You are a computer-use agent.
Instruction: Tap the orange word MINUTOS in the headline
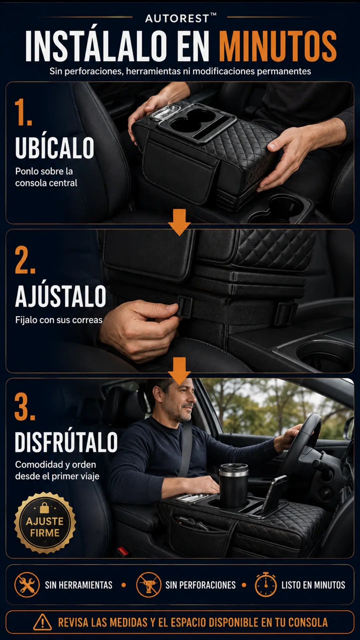(x=278, y=46)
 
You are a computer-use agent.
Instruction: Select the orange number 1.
(x=23, y=112)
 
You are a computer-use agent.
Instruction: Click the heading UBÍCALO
(x=55, y=148)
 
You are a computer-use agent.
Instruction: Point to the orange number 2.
(x=25, y=260)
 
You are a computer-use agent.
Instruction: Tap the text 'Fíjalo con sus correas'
(x=59, y=320)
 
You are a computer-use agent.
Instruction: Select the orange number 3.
(x=25, y=406)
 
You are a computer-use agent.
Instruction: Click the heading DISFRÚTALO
(x=66, y=442)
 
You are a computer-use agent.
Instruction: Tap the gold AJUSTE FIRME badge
(x=45, y=523)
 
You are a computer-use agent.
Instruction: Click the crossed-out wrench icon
(x=27, y=585)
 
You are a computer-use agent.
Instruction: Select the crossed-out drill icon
(x=149, y=585)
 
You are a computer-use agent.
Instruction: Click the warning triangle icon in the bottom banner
(x=42, y=622)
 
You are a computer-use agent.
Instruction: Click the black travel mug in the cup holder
(x=233, y=485)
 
